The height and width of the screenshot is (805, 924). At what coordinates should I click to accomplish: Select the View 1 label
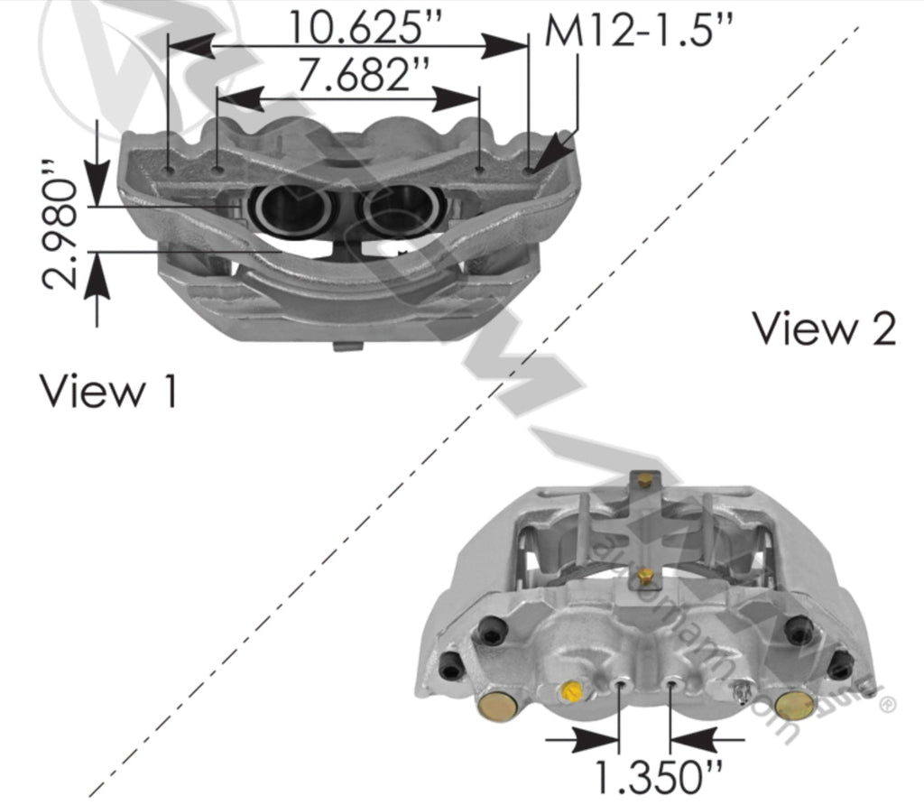107,391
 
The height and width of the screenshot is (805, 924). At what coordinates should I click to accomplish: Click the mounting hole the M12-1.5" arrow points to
529,167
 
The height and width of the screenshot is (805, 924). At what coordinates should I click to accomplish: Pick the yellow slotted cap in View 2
570,691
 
